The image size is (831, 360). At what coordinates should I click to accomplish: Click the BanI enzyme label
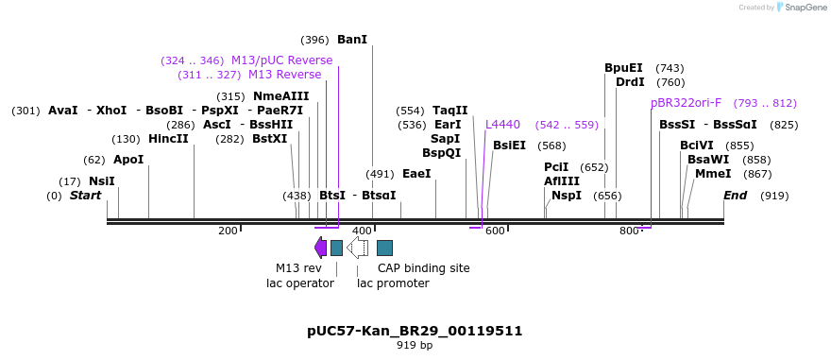tap(351, 40)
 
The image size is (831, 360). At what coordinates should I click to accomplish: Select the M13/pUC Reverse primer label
tap(281, 60)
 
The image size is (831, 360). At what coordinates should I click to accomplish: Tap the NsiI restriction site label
tap(101, 181)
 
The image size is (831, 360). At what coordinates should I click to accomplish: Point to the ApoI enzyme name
tap(128, 160)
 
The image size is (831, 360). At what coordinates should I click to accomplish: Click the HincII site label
tap(168, 139)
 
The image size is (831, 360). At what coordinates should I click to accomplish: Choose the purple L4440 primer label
tap(502, 125)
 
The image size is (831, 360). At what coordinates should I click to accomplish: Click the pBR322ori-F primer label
tap(687, 103)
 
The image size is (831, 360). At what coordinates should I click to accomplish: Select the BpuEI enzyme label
tap(623, 68)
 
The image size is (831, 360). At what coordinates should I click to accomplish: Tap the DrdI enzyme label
tap(630, 82)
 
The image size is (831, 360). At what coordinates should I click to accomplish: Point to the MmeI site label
tap(713, 174)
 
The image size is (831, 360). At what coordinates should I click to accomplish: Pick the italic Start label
tap(85, 196)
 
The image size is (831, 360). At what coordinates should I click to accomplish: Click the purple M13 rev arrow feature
tap(320, 248)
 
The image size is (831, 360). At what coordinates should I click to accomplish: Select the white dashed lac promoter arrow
tap(357, 248)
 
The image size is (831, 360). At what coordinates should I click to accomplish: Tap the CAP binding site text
tap(423, 268)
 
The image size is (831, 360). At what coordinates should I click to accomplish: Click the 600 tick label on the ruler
tap(495, 231)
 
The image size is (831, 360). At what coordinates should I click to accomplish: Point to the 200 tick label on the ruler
tap(228, 231)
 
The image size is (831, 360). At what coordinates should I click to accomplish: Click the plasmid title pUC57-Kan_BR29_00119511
tap(415, 331)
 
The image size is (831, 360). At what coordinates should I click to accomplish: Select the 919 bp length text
tap(415, 346)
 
